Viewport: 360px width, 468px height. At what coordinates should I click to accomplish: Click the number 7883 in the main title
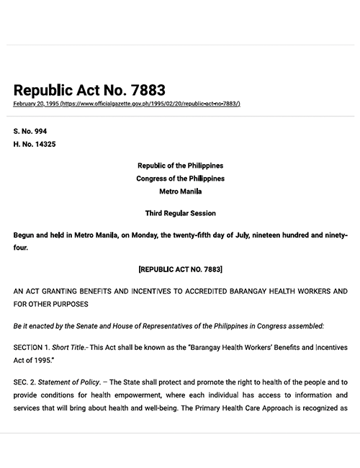[x=143, y=90]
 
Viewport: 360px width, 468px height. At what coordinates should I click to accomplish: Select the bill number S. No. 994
[x=30, y=132]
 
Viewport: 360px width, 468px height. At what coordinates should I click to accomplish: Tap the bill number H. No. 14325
[x=35, y=145]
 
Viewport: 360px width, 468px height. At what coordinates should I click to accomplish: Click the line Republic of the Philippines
[x=181, y=166]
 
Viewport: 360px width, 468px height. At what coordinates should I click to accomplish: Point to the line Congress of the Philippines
[x=181, y=179]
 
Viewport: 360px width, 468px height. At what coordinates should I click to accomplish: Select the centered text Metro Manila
[x=181, y=192]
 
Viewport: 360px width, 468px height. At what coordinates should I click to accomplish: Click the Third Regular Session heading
[x=181, y=213]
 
